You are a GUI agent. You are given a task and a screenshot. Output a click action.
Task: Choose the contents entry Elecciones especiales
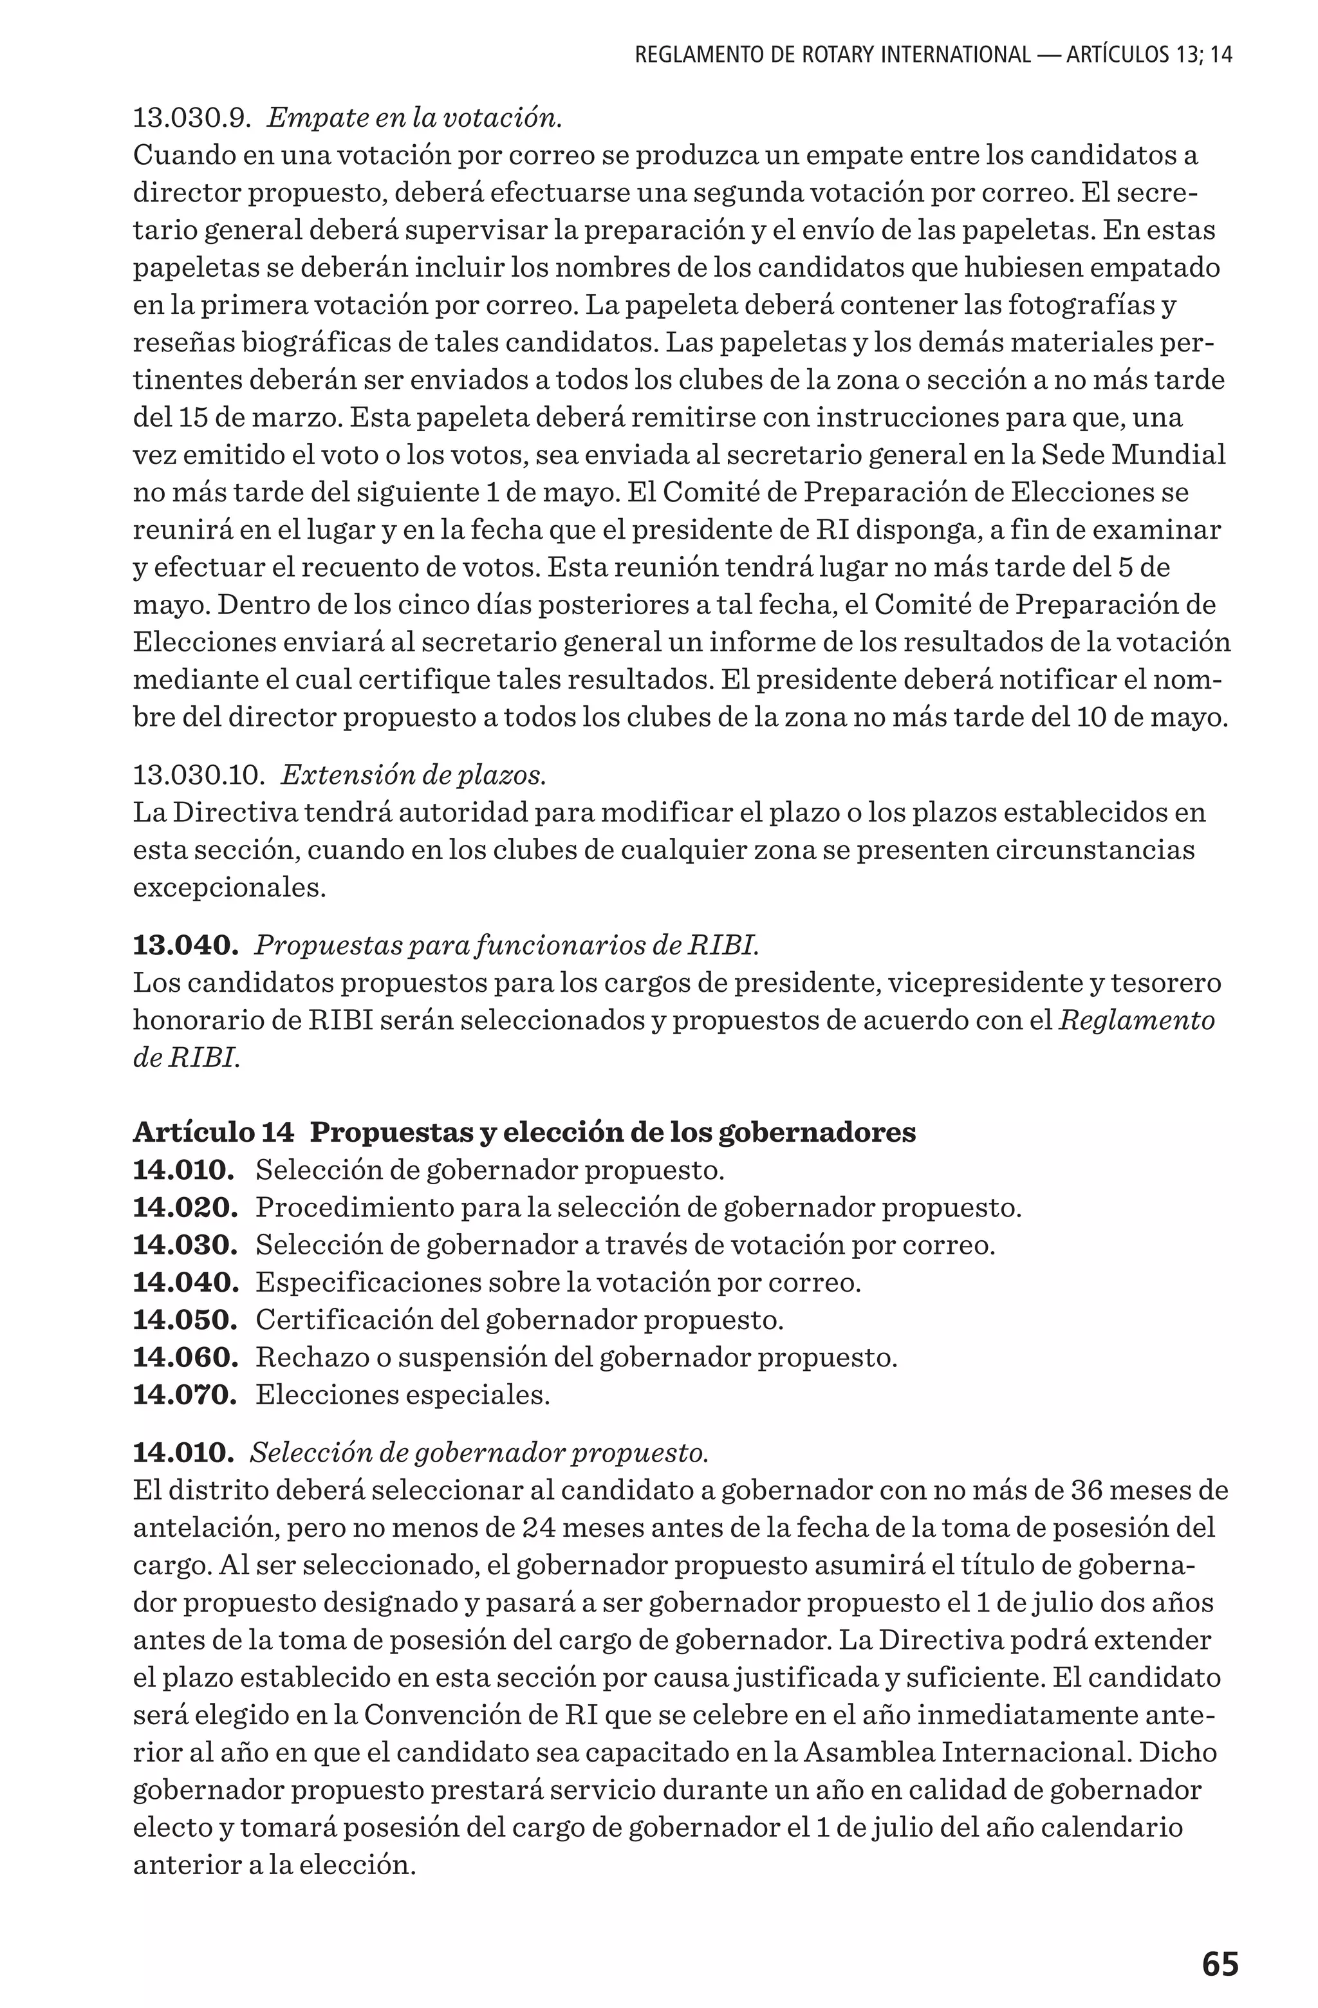click(402, 1394)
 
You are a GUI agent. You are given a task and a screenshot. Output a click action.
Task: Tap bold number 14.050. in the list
click(185, 1319)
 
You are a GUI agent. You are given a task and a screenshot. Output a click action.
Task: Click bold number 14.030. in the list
click(185, 1245)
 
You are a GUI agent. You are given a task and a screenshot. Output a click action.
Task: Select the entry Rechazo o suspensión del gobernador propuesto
click(577, 1357)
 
